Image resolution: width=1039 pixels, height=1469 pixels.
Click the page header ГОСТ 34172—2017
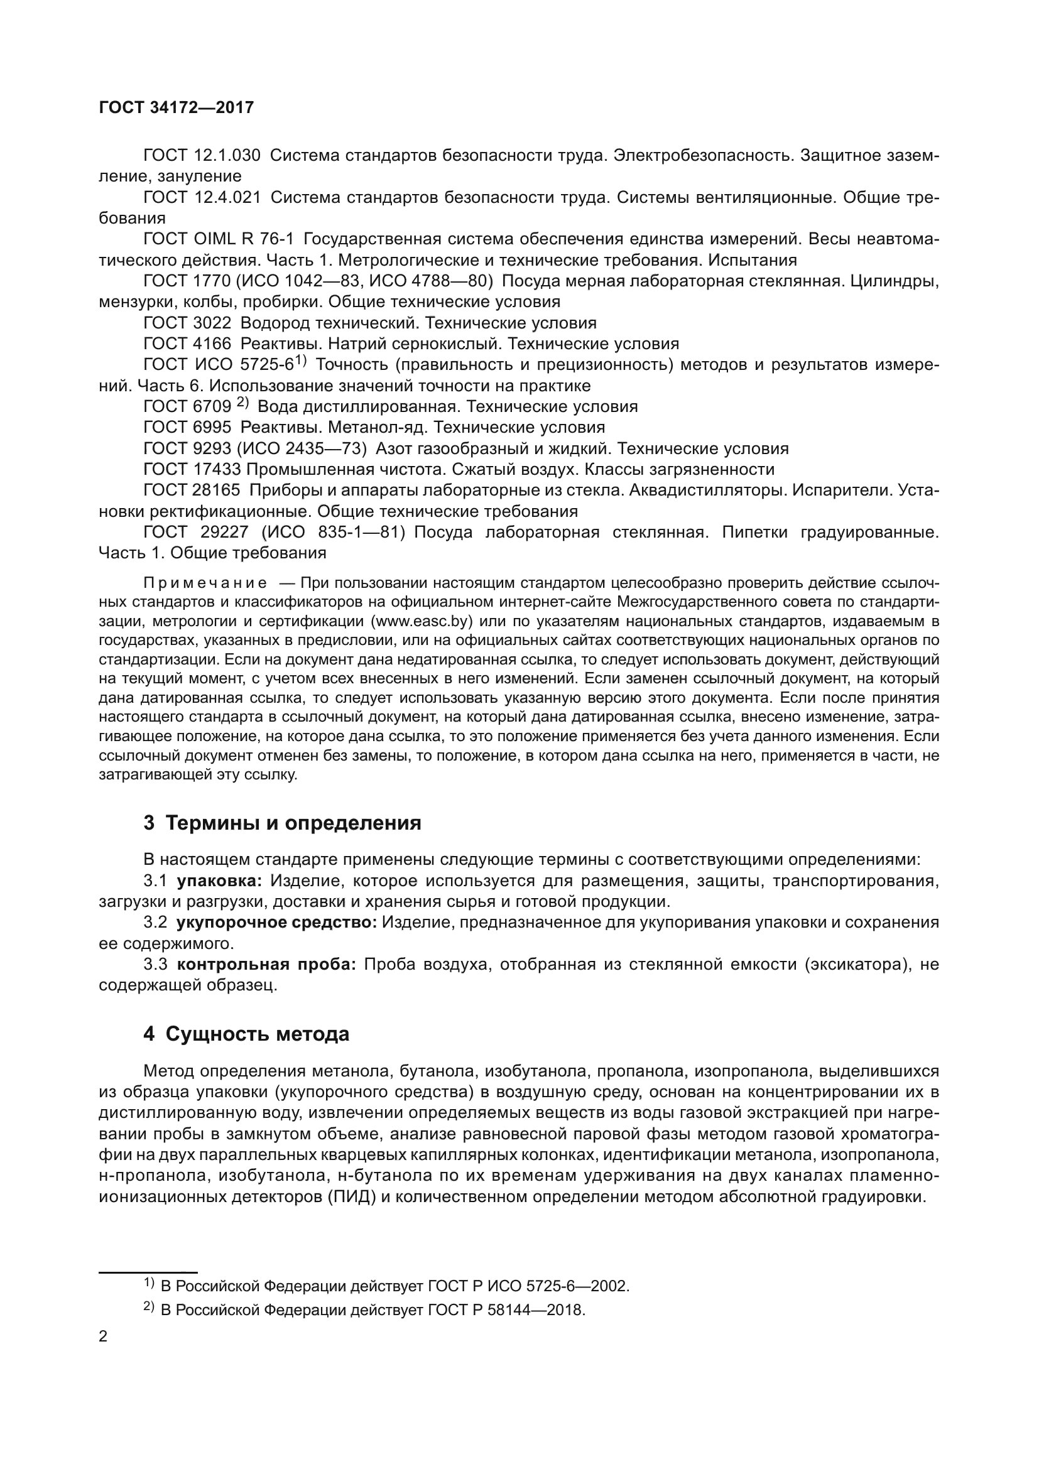click(176, 107)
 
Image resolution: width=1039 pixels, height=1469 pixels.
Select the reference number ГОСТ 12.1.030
click(202, 156)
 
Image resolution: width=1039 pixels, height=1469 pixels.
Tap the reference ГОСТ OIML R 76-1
click(218, 239)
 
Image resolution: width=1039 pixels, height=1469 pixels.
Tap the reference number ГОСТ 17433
click(193, 469)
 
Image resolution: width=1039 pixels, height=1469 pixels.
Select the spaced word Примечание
click(205, 583)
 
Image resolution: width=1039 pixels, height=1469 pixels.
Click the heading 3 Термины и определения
click(282, 822)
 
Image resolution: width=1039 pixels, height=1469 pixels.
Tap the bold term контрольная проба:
click(266, 964)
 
